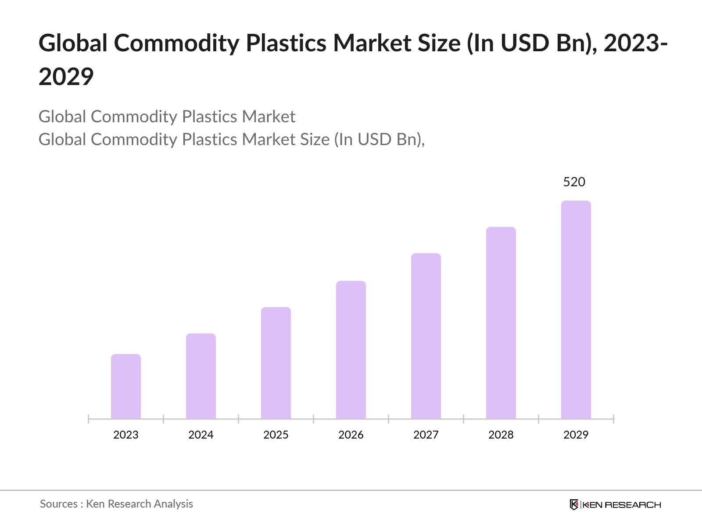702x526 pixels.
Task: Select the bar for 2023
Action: pos(126,386)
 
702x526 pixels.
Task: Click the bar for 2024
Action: pos(201,376)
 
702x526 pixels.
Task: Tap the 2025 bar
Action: pos(276,363)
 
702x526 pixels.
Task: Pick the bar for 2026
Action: pos(351,349)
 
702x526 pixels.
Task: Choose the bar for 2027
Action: pos(426,336)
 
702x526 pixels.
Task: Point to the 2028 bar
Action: pos(501,323)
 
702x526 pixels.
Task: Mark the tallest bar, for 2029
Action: pos(576,309)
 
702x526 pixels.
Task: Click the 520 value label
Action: pos(574,182)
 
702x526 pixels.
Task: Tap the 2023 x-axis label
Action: pos(126,435)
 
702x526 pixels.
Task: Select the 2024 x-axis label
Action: pos(201,435)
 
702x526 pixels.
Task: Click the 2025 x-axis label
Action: pos(276,435)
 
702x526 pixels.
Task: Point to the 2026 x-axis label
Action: pos(351,435)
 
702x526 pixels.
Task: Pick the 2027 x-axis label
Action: pos(426,435)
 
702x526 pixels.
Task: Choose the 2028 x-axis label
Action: pos(501,435)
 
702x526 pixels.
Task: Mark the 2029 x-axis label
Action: pos(576,435)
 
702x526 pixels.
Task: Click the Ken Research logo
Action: pos(615,505)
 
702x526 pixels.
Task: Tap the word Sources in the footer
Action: pos(59,504)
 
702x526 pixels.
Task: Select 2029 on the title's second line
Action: pos(66,77)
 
